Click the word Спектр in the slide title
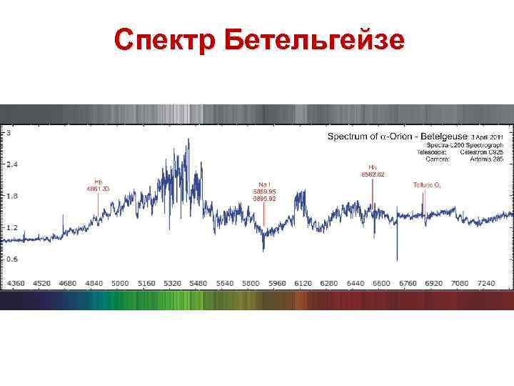[x=165, y=40]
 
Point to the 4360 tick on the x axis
[x=16, y=284]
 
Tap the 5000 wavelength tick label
[x=120, y=284]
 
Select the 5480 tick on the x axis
[x=198, y=284]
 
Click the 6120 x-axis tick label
[x=303, y=284]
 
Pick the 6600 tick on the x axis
[x=381, y=284]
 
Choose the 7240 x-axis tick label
[x=485, y=284]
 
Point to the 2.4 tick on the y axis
[x=12, y=164]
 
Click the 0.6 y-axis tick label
[x=12, y=259]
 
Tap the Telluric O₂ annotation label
[x=426, y=184]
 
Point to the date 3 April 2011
[x=486, y=136]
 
